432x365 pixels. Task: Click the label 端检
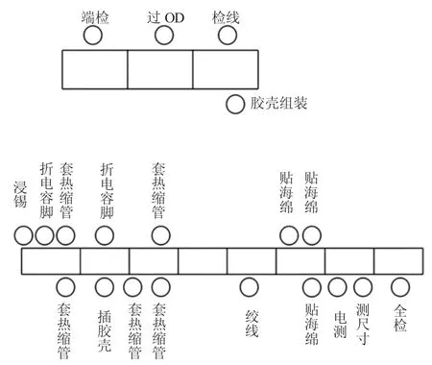95,16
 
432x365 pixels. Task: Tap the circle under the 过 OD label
164,36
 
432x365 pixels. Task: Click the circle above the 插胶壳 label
105,286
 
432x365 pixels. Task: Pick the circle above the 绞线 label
249,286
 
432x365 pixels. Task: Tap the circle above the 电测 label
337,286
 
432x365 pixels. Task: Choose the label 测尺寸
362,323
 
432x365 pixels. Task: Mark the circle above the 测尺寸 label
362,286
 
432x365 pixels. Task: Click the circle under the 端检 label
93,36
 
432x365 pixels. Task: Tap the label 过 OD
164,16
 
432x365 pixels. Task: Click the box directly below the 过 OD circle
160,68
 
